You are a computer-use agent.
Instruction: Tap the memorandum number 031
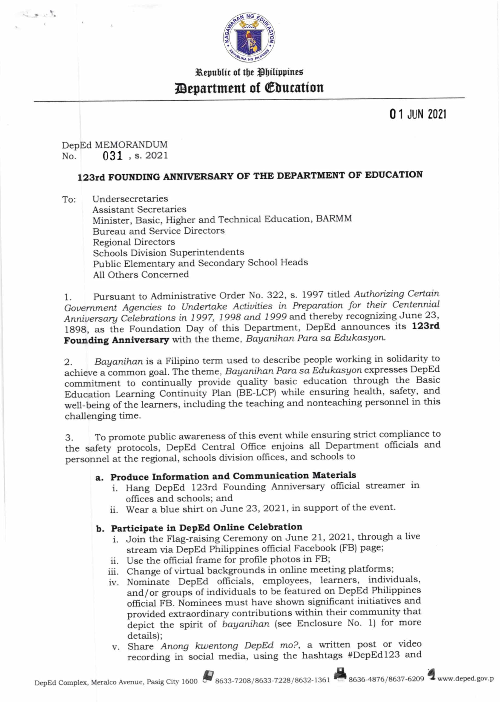(113, 156)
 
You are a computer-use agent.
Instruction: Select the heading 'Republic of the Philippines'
(250, 73)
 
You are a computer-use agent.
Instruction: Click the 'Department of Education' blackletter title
(250, 88)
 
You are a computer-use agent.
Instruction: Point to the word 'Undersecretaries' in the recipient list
(130, 199)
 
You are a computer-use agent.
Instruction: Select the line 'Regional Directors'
(134, 242)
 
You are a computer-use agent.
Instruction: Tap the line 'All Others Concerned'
(141, 274)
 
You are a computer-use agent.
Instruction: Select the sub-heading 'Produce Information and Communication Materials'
(233, 476)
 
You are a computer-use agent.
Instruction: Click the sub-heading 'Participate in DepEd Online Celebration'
(206, 528)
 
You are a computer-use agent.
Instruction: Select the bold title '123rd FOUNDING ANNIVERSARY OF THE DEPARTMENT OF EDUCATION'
(250, 176)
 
